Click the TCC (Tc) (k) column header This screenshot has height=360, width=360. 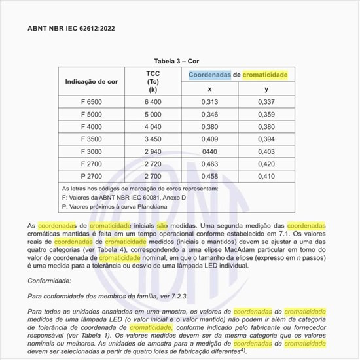[x=153, y=82]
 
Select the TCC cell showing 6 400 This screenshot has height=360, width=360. [x=153, y=102]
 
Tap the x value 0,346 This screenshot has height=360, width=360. [x=209, y=115]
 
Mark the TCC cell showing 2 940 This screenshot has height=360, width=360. [x=153, y=152]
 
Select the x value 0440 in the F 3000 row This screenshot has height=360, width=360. [x=209, y=152]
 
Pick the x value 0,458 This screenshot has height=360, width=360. [x=209, y=177]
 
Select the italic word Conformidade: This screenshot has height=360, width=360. [x=50, y=281]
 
